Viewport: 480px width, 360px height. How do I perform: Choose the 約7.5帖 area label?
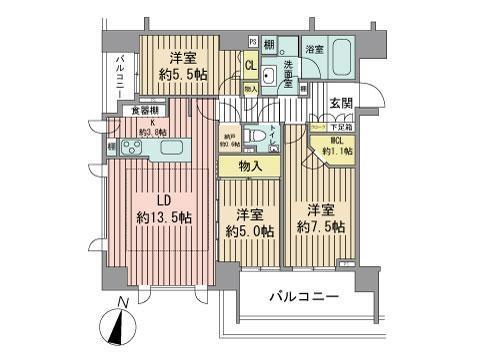[x=320, y=227]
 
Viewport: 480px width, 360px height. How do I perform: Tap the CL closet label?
[x=251, y=65]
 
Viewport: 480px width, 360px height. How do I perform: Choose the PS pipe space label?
[x=252, y=41]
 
